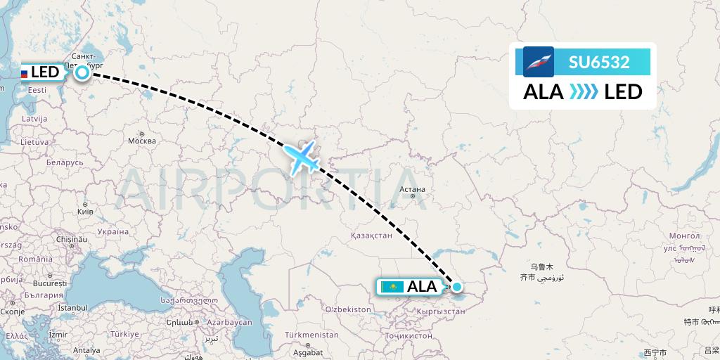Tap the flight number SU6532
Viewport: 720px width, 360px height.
pos(598,62)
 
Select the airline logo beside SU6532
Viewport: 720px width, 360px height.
pos(539,62)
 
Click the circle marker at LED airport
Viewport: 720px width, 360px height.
pos(82,72)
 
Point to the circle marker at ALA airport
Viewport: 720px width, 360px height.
pos(457,286)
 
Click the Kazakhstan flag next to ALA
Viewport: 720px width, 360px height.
pos(392,287)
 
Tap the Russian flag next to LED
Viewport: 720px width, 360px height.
pos(23,72)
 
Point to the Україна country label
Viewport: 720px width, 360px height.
pos(112,231)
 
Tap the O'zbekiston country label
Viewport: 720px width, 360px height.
pos(347,309)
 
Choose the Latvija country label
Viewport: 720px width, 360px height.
pos(34,119)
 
